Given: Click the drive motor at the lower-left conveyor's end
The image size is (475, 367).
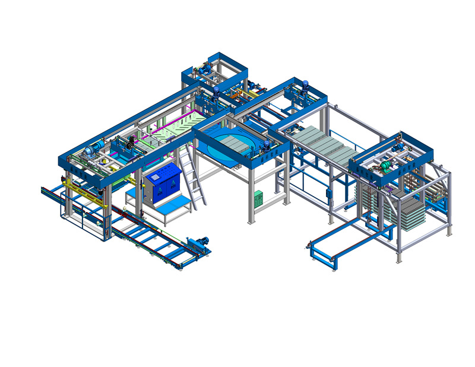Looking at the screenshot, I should pyautogui.click(x=199, y=243).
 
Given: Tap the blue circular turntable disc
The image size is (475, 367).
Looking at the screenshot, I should pyautogui.click(x=229, y=144).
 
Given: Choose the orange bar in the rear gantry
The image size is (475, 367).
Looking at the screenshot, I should pyautogui.click(x=237, y=92).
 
